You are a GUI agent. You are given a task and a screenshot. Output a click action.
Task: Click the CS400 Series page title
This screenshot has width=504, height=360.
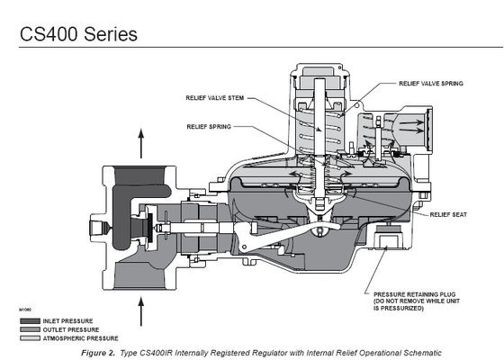[x=76, y=34]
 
